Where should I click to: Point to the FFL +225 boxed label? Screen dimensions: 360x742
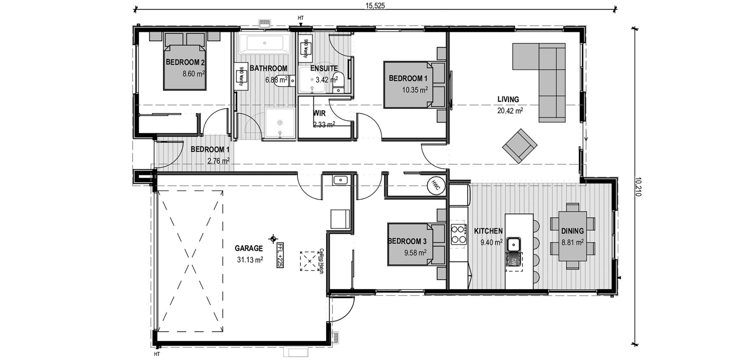tap(279, 255)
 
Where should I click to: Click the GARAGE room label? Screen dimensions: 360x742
tap(249, 248)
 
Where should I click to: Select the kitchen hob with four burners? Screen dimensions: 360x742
tap(458, 234)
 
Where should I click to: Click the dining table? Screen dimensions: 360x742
tap(572, 236)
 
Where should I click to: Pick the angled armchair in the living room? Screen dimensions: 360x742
tap(520, 146)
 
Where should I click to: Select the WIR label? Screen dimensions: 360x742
tap(319, 113)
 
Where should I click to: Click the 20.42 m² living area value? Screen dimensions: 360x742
tap(510, 111)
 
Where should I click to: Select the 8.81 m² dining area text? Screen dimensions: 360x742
tap(572, 242)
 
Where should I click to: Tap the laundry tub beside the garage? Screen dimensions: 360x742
tap(340, 180)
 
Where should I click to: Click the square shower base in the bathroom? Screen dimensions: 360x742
tap(279, 123)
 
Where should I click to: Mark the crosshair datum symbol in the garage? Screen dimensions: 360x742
tap(273, 239)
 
